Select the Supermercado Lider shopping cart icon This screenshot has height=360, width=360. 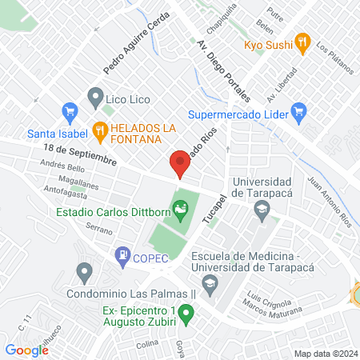[300, 110]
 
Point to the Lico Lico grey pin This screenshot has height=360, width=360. [95, 98]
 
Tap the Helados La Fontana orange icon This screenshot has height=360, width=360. [100, 128]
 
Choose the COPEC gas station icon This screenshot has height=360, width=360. [122, 255]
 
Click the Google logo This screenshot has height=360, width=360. [27, 350]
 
